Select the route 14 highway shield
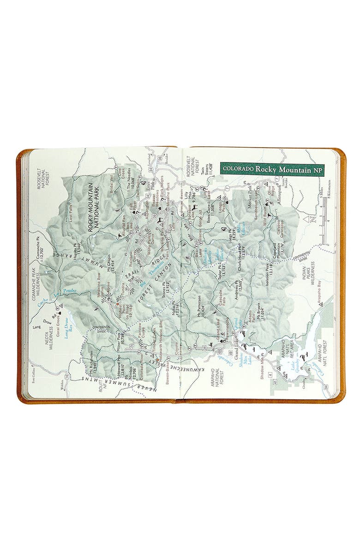coord(67,378)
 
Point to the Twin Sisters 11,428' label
coord(208,172)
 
